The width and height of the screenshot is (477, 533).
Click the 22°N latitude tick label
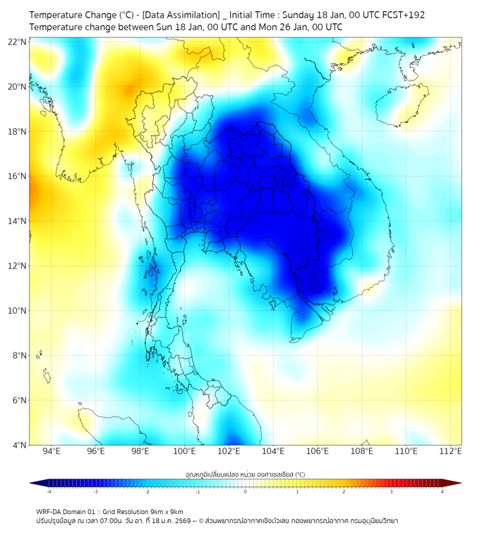[18, 42]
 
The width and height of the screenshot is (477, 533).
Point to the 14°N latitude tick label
[18, 221]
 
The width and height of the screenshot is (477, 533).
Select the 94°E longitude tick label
[52, 451]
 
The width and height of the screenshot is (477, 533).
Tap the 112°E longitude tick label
[451, 451]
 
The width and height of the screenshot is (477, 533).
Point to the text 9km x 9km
[164, 511]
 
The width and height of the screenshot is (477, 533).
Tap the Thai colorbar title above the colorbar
[246, 474]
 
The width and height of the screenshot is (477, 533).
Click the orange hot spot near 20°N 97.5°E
[129, 90]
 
